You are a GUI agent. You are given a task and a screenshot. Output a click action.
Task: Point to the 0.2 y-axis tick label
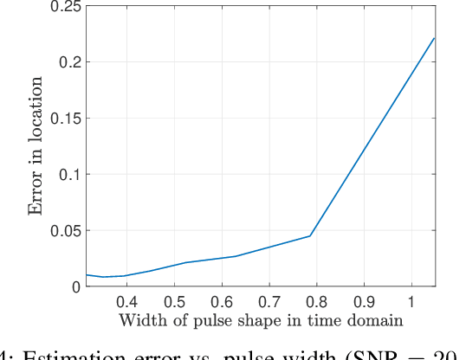[69, 62]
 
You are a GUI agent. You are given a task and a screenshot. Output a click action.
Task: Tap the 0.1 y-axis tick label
[69, 174]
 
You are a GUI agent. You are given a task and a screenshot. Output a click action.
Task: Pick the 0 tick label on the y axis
[76, 286]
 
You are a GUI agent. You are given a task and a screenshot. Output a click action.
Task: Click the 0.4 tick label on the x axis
[126, 302]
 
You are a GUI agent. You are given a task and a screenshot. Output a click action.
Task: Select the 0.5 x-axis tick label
[174, 302]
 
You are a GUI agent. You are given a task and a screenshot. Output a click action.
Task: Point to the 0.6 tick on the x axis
[222, 302]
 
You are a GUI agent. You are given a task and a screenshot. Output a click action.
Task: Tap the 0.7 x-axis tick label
[269, 302]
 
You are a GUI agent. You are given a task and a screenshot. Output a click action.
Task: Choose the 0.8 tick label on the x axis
[316, 302]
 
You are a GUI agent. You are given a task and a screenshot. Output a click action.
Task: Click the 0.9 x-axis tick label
[364, 302]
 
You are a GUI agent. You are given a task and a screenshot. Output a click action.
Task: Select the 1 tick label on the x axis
[411, 302]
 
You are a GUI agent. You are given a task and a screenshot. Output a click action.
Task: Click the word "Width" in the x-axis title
[138, 321]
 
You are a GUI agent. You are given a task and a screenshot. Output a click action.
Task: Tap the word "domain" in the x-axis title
[376, 321]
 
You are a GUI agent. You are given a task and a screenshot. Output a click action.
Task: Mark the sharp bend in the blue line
[310, 235]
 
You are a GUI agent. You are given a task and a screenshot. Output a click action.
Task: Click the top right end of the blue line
[434, 38]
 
